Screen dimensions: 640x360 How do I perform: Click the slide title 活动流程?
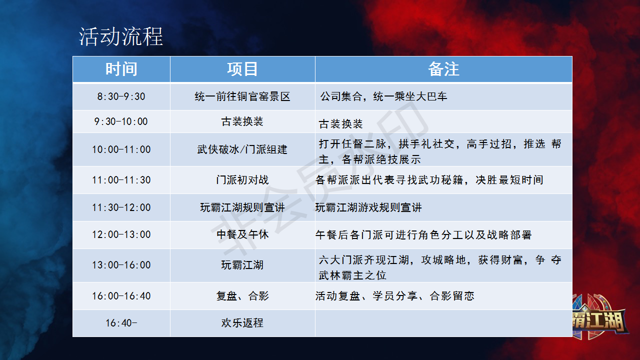[x=120, y=37]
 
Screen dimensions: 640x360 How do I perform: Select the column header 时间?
[x=121, y=69]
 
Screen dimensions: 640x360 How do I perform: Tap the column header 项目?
[x=242, y=69]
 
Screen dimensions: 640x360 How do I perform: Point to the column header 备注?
[x=443, y=69]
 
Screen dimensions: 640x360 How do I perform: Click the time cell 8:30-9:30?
[x=121, y=96]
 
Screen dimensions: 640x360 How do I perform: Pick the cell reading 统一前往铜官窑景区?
[x=242, y=96]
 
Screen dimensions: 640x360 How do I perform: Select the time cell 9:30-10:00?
[x=121, y=121]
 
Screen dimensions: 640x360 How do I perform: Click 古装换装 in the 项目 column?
[x=242, y=121]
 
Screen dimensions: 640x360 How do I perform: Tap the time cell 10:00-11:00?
[x=121, y=149]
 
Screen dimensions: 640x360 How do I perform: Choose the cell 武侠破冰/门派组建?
[x=242, y=149]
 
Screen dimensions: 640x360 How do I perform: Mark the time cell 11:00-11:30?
[x=121, y=180]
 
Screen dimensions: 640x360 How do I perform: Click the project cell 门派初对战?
[x=242, y=180]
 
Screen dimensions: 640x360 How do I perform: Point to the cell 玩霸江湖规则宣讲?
[x=242, y=207]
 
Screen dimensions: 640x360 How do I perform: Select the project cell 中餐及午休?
[x=242, y=234]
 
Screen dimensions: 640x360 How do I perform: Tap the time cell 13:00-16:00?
[x=121, y=265]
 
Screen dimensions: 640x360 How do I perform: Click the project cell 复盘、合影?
[x=242, y=296]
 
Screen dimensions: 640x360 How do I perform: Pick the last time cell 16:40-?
[x=121, y=323]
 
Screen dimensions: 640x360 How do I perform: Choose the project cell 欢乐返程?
[x=242, y=323]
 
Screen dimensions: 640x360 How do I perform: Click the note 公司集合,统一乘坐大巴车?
[x=383, y=96]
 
